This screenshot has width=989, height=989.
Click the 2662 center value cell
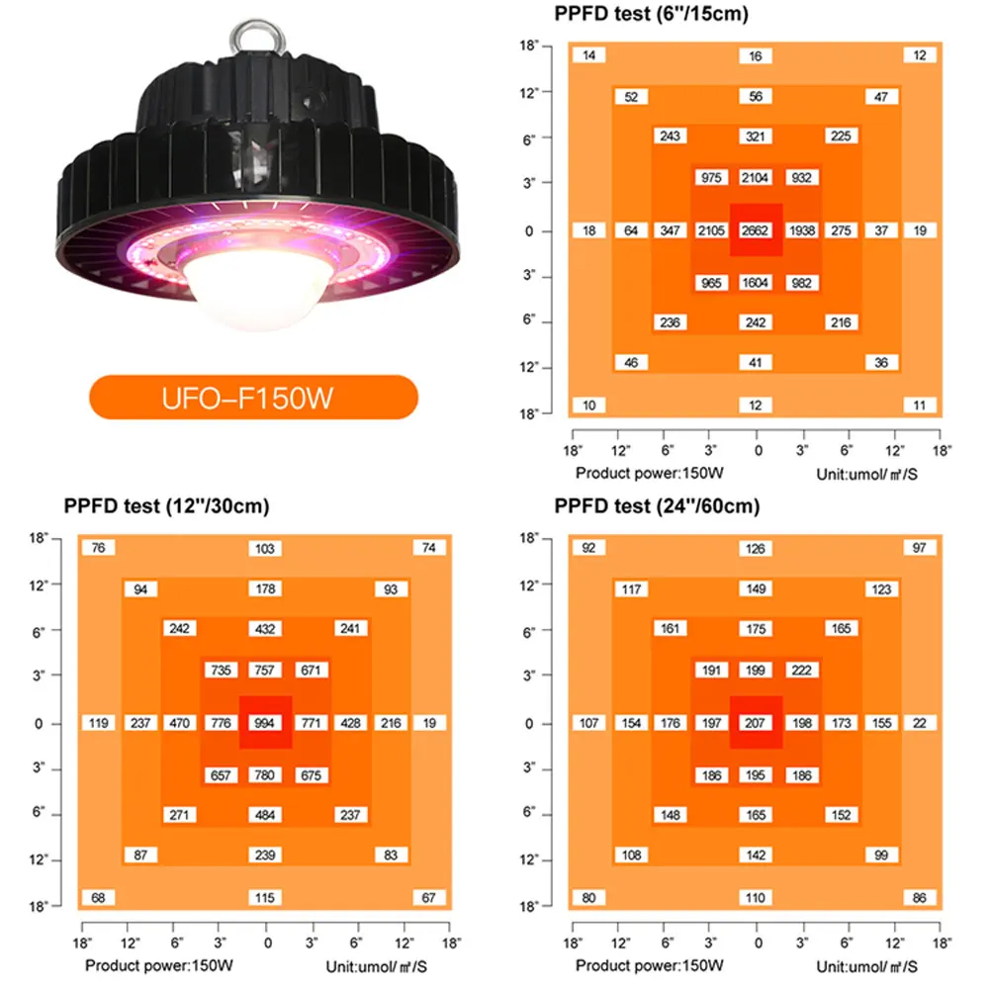tap(756, 230)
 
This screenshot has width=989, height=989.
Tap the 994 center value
tap(265, 723)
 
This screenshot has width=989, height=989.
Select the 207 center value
tap(757, 723)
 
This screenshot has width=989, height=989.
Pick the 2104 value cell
tap(756, 178)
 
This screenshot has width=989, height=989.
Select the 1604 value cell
tap(756, 283)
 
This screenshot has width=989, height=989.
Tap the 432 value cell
tap(265, 629)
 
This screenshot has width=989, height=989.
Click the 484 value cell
tap(265, 814)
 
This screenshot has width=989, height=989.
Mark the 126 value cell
tap(757, 548)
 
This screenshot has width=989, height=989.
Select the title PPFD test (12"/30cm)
tap(166, 506)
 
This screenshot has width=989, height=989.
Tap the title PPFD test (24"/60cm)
tap(658, 506)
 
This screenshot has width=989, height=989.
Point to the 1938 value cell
tap(802, 230)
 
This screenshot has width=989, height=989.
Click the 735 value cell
tap(220, 671)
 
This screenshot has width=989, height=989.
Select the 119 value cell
tap(98, 723)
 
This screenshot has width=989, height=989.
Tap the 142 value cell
tap(757, 854)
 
